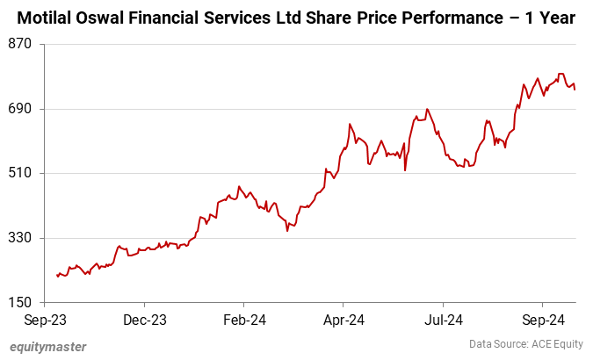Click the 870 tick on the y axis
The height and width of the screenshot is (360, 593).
point(21,44)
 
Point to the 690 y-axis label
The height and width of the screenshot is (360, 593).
point(21,109)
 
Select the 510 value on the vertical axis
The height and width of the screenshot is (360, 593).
point(21,173)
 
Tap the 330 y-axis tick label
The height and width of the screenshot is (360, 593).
point(21,238)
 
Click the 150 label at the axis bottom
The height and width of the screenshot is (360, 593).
point(21,303)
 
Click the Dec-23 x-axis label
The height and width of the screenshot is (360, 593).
point(145,320)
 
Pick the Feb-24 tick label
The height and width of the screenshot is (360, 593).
point(244,320)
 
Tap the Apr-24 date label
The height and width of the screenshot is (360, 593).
point(344,320)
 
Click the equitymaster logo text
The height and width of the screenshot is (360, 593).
point(48,347)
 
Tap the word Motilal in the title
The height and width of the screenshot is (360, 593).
point(48,18)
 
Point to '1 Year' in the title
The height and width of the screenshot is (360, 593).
point(554,18)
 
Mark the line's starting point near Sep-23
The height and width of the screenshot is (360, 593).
point(57,276)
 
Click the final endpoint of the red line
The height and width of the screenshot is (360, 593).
point(575,89)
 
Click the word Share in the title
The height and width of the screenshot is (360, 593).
point(329,18)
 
